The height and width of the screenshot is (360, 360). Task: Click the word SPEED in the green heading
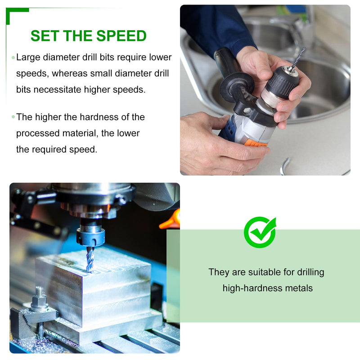point(121,36)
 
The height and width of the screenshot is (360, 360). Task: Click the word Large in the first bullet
point(28,58)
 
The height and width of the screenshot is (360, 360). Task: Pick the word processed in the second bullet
point(38,133)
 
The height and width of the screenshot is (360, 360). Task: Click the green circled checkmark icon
point(260,232)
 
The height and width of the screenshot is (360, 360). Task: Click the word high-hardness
point(252,288)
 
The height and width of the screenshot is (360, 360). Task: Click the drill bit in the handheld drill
point(297,59)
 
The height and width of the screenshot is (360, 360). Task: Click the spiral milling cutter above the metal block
point(90,260)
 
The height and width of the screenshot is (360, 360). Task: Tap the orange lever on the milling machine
point(171,220)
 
